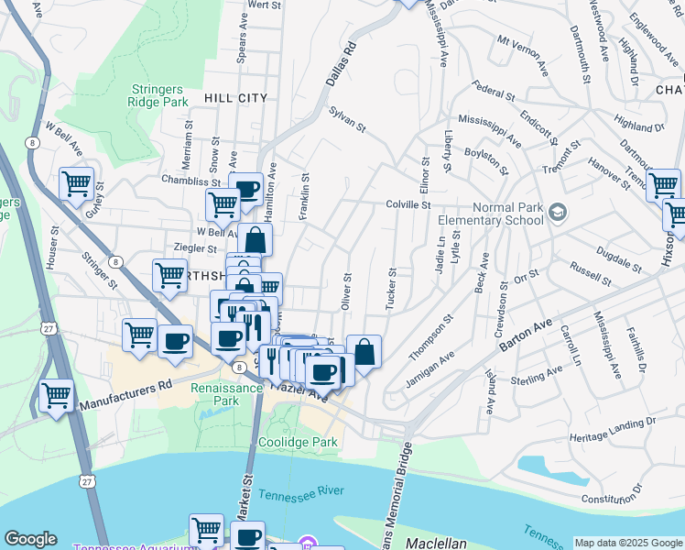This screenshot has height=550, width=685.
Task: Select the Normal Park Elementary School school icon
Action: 557,214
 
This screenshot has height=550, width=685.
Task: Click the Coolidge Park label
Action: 299,442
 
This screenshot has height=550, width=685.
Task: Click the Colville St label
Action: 408,205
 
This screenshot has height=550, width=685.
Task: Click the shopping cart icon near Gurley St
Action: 76,183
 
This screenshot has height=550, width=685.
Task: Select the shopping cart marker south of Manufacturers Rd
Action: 57,396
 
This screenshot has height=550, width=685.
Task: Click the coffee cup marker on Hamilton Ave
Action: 245,190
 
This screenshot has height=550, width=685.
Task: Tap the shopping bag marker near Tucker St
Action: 364,351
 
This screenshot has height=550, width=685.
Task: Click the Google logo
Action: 31,539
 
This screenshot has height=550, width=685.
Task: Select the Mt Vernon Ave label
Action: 521,48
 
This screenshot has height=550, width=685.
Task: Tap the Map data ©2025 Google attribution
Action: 627,543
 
